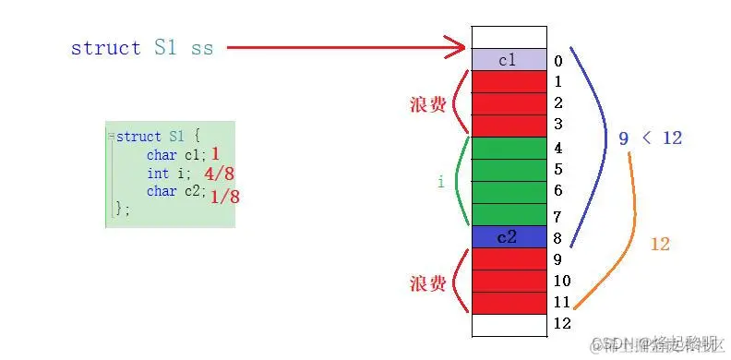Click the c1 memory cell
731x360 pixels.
(509, 60)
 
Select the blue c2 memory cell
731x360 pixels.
(509, 237)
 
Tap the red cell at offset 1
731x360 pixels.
(509, 81)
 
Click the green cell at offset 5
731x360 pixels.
(509, 170)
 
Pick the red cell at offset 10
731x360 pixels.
(509, 281)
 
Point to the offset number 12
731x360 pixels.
(562, 323)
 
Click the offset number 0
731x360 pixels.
(558, 62)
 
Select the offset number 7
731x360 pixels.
(558, 217)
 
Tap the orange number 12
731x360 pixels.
(659, 245)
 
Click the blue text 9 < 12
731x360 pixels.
(650, 138)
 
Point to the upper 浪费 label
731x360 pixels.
(428, 104)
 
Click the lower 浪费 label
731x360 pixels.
(428, 283)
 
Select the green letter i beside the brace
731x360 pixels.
(441, 183)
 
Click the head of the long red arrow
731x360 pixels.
(458, 46)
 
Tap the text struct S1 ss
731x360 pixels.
(141, 48)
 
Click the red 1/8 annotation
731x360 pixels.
(225, 195)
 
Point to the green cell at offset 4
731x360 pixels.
(509, 148)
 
